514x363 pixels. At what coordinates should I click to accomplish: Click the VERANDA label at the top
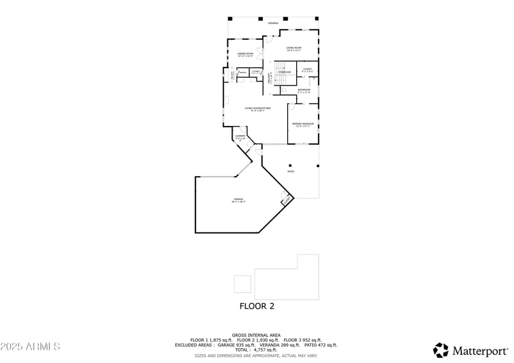[273, 23]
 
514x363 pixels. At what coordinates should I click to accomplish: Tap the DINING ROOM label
[245, 55]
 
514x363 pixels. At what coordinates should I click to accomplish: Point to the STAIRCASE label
[285, 72]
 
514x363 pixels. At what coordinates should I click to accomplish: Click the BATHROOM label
[304, 91]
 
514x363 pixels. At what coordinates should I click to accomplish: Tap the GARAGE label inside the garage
[238, 200]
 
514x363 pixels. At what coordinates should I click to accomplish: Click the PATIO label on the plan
[290, 172]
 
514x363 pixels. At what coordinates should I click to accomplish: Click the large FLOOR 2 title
[257, 306]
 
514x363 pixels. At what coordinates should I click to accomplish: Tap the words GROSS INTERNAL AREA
[256, 335]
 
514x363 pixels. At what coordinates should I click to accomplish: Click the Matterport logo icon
[441, 350]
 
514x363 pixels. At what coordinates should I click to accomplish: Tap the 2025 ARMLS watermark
[30, 347]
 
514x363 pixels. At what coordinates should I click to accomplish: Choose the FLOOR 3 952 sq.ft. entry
[303, 340]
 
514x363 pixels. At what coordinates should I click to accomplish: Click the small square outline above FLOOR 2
[242, 284]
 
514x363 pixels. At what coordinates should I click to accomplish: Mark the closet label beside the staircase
[307, 69]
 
